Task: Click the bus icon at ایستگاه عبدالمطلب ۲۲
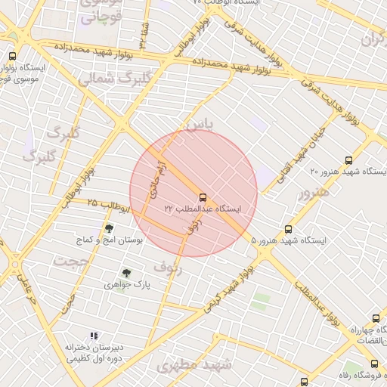202,197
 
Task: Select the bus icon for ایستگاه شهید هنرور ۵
288,229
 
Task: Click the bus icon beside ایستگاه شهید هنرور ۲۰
348,160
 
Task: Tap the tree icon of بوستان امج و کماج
109,228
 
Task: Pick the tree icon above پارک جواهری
126,274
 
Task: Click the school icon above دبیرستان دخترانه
94,336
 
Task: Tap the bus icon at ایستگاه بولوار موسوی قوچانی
11,56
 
